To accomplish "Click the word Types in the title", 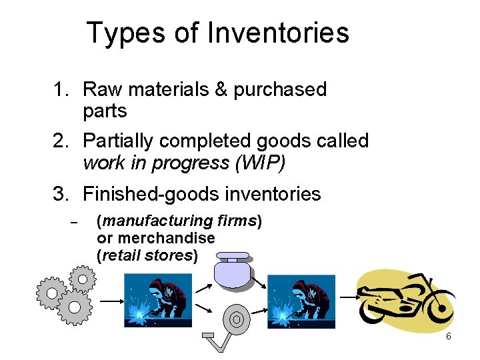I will (119, 33).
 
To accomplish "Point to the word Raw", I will (98, 90).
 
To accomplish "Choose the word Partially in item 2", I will (118, 141).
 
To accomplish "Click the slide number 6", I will (449, 337).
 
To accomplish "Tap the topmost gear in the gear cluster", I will (83, 277).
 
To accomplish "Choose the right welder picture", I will (302, 300).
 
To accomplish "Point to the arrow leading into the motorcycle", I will (346, 296).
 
